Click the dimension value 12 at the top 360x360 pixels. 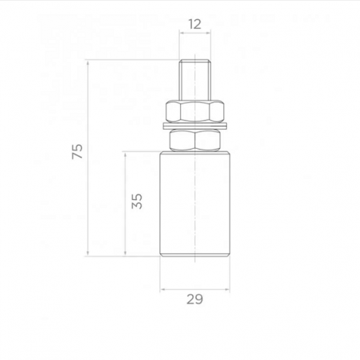click(195, 24)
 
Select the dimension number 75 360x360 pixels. click(77, 152)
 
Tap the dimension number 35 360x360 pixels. click(137, 201)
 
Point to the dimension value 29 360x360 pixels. click(195, 299)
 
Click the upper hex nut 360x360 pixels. click(195, 111)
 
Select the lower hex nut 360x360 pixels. click(195, 140)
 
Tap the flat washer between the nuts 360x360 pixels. click(195, 126)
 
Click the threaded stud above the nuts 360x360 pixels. click(195, 80)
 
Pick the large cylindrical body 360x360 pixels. click(195, 204)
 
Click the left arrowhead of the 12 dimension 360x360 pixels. click(181, 33)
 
